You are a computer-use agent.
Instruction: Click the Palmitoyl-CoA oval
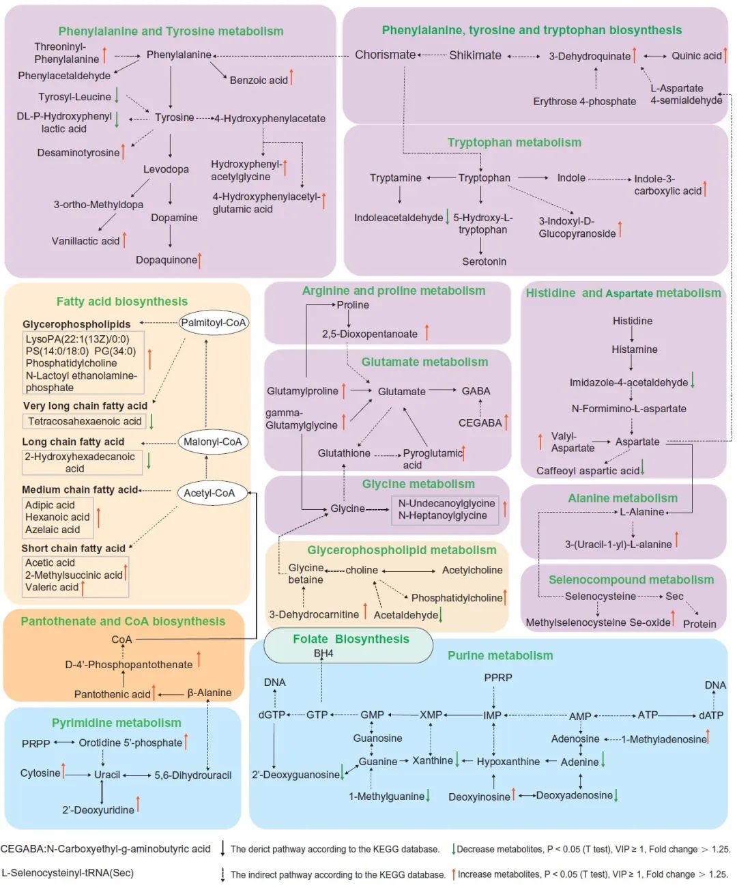[213, 323]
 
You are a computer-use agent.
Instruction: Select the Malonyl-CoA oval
[212, 442]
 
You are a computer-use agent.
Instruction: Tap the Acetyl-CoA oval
[212, 493]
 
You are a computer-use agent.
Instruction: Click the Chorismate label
[385, 55]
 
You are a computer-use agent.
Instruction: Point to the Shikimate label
[475, 55]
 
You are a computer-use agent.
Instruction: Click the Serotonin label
[484, 261]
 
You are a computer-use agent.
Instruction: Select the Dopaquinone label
[167, 260]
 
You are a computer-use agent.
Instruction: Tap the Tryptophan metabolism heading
[514, 143]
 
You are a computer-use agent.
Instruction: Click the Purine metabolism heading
[500, 656]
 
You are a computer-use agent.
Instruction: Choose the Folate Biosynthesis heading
[351, 639]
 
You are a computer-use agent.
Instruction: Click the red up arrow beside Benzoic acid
[291, 77]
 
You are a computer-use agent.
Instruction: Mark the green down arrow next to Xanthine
[457, 759]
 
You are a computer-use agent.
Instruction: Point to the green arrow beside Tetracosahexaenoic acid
[151, 421]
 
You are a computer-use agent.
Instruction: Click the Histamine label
[634, 349]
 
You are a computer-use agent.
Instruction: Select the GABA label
[476, 391]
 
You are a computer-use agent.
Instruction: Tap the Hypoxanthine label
[508, 762]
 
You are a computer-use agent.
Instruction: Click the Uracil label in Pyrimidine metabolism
[106, 775]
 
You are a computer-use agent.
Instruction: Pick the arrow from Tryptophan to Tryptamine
[441, 177]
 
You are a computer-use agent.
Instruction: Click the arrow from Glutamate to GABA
[442, 390]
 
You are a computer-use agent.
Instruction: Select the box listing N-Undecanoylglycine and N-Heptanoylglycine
[445, 510]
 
